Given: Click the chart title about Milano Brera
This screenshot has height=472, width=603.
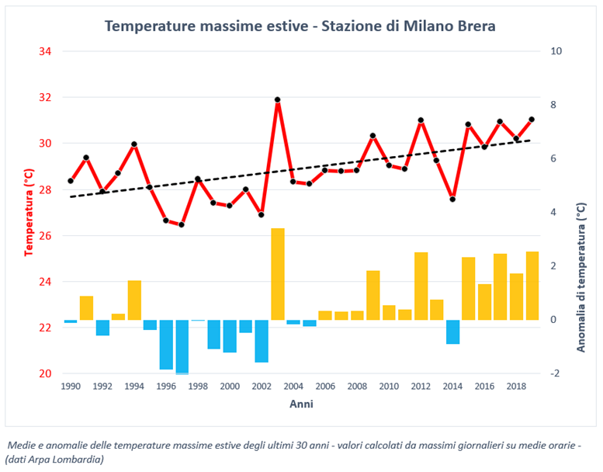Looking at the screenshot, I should pos(300,26).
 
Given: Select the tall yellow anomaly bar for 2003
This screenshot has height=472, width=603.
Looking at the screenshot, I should pos(277,274).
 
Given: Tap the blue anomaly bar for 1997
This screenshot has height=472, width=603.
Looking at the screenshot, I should pos(182,346).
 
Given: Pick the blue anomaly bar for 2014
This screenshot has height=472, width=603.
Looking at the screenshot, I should pos(452,331).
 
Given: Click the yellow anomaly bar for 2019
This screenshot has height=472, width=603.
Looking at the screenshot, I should pos(532,286).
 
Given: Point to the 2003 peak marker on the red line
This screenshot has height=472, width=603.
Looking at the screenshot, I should pos(277,99).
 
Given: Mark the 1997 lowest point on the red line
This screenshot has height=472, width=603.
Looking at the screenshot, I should pos(182,225).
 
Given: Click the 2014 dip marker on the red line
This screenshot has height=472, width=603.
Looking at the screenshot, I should pos(452,200).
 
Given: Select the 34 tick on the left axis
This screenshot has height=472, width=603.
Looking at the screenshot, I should pos(45,51).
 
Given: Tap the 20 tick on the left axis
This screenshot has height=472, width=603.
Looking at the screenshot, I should pos(45,373).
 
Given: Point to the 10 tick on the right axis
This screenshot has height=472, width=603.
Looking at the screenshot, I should pos(556,51).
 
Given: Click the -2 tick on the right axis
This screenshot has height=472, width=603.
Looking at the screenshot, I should pos(555,373).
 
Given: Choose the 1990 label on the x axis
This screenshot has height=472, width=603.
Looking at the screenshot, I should pos(71,386).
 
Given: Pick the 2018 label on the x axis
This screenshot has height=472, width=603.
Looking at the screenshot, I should pos(516,386).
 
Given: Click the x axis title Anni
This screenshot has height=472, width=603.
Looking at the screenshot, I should pos(301,404).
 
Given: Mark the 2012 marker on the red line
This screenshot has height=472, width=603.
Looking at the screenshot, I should pos(421,120).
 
